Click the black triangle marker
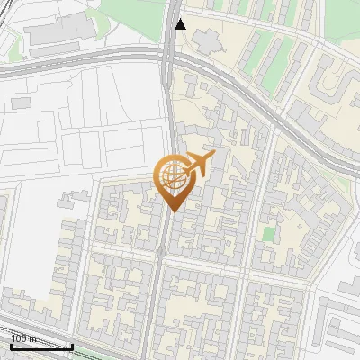pos(180,23)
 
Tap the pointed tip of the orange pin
pos(172,211)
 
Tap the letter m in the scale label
pos(33,338)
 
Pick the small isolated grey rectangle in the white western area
pos(19,103)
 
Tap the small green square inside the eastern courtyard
pos(267,234)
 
